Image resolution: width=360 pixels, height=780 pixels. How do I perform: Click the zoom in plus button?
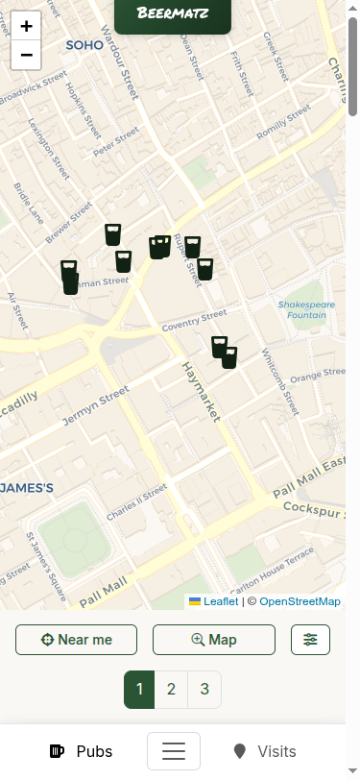coord(26,27)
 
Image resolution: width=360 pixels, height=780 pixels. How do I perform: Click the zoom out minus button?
coord(26,55)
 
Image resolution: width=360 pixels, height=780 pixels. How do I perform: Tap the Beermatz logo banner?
coord(173,13)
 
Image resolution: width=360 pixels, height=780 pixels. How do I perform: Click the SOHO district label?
coord(84,45)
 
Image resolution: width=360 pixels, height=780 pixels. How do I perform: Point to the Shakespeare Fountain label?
coord(306,309)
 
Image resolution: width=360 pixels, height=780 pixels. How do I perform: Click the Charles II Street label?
coord(136,502)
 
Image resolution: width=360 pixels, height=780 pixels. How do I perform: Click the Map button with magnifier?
coord(214,640)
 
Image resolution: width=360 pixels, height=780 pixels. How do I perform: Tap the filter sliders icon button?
coord(310,640)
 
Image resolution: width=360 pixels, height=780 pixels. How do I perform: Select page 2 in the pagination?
coord(171,689)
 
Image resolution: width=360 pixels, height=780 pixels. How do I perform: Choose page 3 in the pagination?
coord(204,689)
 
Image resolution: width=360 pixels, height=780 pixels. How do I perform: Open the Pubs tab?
coord(81,751)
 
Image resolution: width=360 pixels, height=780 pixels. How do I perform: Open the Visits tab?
coord(264,751)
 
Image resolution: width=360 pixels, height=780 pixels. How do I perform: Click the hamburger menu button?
coord(174,751)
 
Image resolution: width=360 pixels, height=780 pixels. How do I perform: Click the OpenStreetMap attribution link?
coord(300,601)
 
